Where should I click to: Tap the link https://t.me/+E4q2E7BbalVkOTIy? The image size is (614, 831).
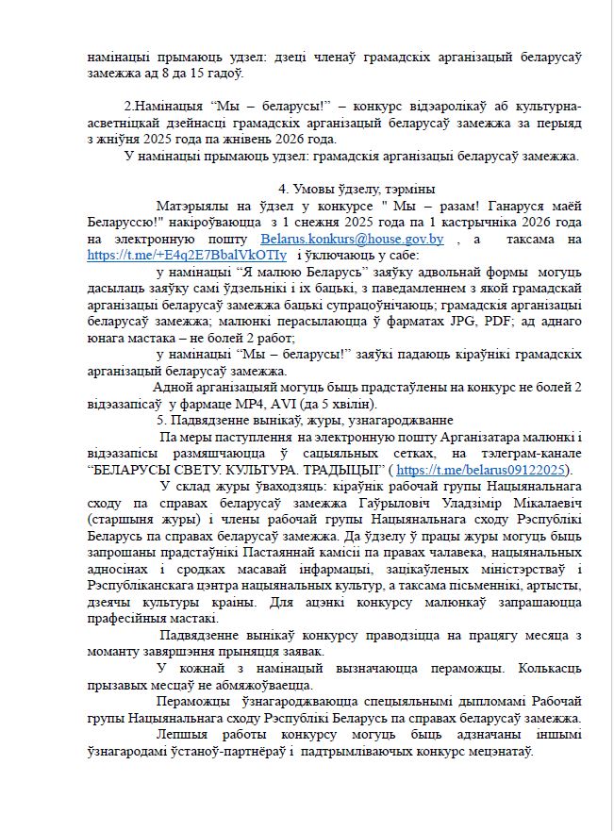click(x=174, y=255)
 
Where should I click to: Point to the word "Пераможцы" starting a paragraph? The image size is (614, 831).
click(x=195, y=702)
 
